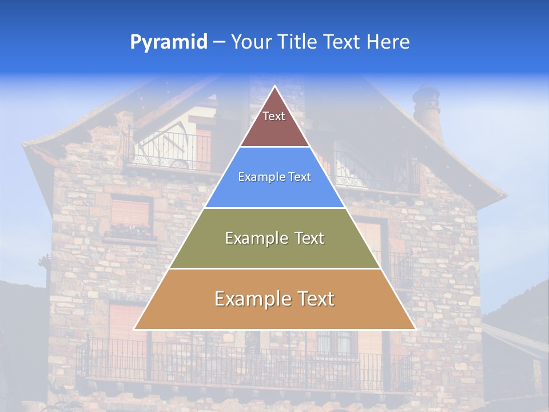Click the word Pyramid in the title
168,42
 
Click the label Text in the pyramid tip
274,117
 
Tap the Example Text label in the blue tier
274,177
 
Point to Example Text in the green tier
274,238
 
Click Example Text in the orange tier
274,299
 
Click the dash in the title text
218,43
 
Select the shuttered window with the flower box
132,217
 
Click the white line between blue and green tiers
274,208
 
